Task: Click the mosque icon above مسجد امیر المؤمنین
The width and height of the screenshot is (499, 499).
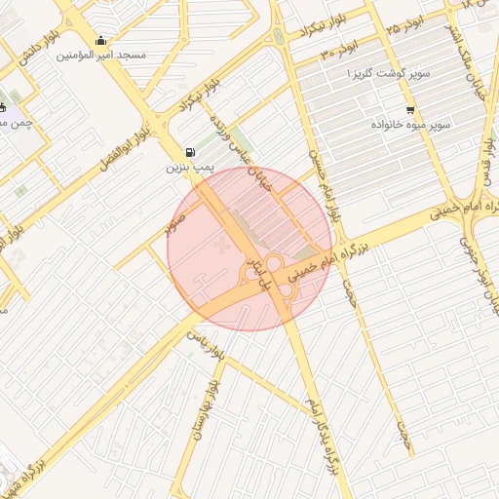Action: (x=101, y=41)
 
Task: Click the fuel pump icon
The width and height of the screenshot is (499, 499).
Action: (x=188, y=153)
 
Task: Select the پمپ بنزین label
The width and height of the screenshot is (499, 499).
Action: (x=188, y=169)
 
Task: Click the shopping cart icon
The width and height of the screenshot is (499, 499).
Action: (x=409, y=110)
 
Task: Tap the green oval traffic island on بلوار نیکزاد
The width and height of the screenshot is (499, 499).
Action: (x=281, y=38)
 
